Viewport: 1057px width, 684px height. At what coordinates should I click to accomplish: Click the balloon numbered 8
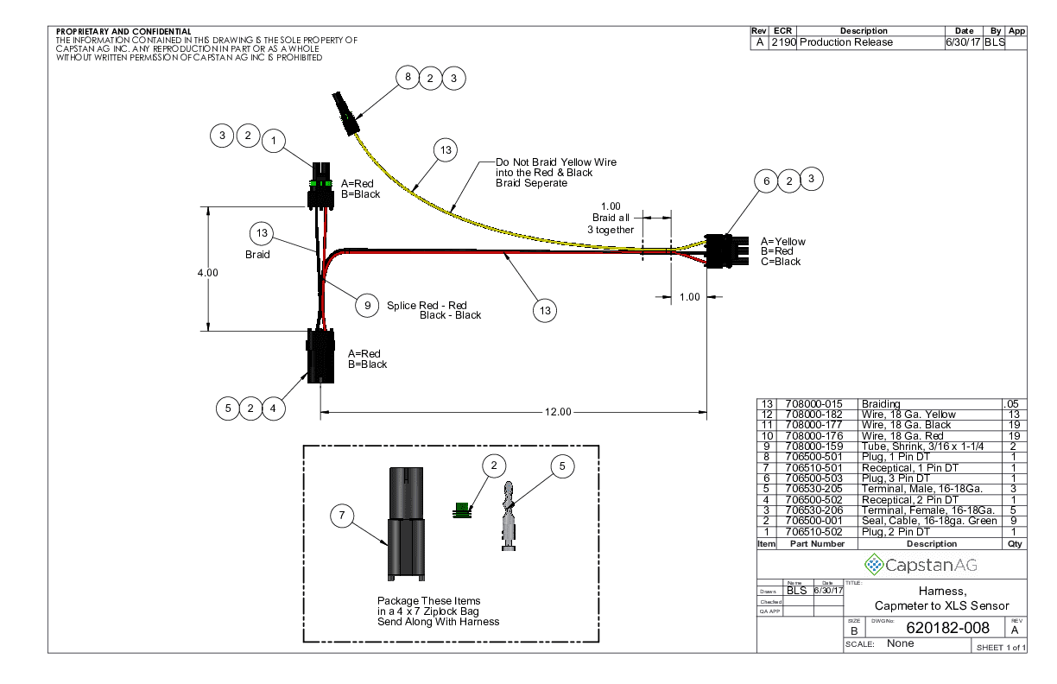click(408, 78)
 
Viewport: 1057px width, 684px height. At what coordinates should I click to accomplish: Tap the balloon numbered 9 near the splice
click(367, 305)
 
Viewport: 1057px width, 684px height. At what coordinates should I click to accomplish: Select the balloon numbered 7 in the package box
click(343, 516)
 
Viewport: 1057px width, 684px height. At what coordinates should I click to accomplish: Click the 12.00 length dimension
click(558, 412)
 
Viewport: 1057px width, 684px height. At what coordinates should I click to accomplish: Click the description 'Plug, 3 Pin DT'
click(902, 478)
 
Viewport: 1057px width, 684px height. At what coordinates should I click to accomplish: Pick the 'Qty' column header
click(1014, 544)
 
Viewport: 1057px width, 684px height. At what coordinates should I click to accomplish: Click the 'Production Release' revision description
click(846, 42)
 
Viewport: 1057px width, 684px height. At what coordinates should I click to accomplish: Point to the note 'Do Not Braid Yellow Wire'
click(556, 162)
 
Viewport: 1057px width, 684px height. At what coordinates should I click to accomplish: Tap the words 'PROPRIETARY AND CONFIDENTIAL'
click(123, 33)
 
